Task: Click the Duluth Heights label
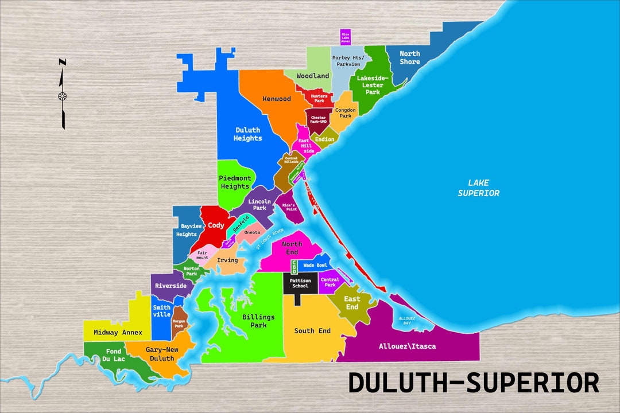(247, 134)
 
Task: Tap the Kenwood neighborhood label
(277, 99)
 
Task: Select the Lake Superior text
(478, 188)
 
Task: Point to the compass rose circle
(62, 96)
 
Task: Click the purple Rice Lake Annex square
(345, 37)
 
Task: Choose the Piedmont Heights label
(235, 182)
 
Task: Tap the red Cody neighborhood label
(216, 225)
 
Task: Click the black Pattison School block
(300, 283)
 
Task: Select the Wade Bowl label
(315, 266)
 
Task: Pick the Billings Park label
(258, 321)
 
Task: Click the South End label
(312, 331)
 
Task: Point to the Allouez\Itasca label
(407, 346)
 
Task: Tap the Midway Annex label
(118, 333)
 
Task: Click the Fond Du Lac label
(114, 355)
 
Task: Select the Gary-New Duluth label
(160, 354)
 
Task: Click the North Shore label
(410, 57)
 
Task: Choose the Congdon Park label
(346, 112)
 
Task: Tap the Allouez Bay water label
(407, 320)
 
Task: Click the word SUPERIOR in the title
(533, 383)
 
